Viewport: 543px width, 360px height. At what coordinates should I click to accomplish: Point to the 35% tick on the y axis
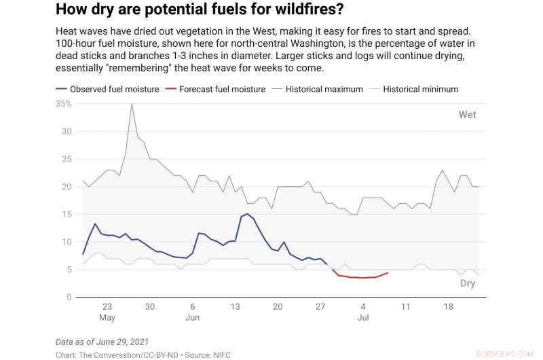[x=64, y=103]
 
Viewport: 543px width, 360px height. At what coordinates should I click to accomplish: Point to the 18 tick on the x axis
[x=448, y=306]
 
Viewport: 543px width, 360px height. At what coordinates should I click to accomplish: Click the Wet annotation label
[x=467, y=115]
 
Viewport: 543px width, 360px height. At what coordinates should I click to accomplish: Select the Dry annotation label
[x=467, y=283]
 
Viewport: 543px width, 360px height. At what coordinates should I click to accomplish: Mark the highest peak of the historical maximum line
[x=132, y=103]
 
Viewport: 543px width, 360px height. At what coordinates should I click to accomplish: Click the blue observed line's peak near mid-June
[x=247, y=214]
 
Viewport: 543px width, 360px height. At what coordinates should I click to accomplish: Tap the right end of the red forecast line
[x=388, y=273]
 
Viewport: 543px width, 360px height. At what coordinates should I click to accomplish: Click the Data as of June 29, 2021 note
[x=102, y=341]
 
